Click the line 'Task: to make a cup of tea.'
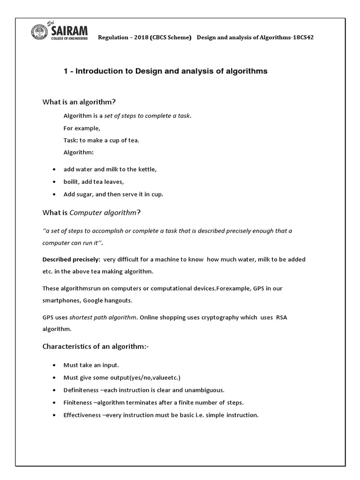(101, 140)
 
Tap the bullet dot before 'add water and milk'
(55, 170)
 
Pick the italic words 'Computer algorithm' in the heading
(103, 213)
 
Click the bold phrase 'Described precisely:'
(71, 259)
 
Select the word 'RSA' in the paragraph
(281, 317)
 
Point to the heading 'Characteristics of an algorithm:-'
(96, 346)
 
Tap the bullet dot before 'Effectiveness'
(55, 415)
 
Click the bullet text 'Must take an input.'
(91, 365)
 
